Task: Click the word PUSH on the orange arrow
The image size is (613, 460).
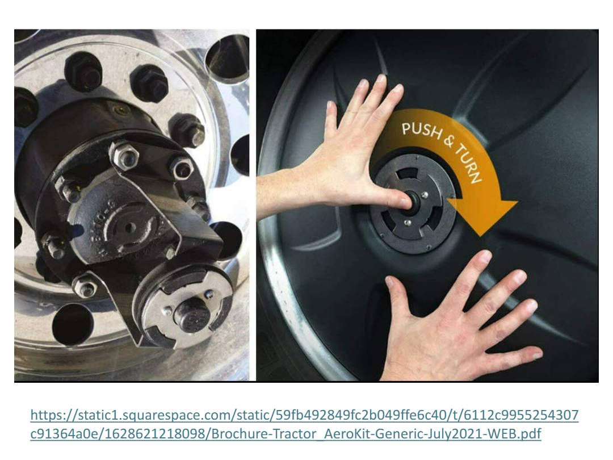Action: [421, 130]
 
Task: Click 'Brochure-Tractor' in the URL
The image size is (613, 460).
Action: [266, 433]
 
